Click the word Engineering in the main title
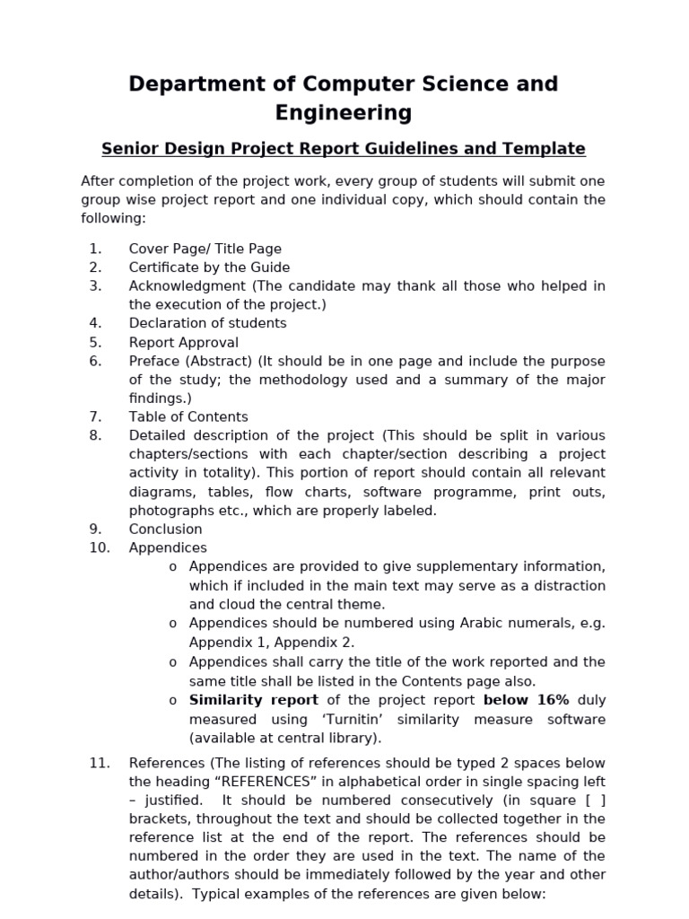(x=344, y=113)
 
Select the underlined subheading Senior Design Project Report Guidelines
(x=344, y=149)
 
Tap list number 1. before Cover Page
(x=96, y=249)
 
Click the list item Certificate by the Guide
(x=209, y=267)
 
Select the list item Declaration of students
(x=207, y=323)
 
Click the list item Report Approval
(x=184, y=342)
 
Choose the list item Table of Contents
(x=188, y=416)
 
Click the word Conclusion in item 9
(x=165, y=529)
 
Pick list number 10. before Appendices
(x=99, y=547)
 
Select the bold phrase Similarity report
(x=254, y=700)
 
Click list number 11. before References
(x=99, y=763)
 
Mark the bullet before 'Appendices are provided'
(x=172, y=567)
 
